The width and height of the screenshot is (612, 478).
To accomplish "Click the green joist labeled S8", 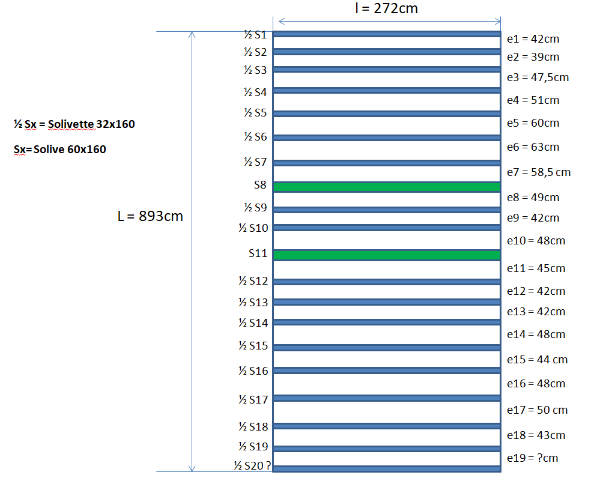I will (386, 187).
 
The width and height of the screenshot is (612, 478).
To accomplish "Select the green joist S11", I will (386, 255).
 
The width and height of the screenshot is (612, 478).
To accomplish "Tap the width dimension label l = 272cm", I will (386, 8).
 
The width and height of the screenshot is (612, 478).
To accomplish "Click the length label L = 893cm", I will (150, 216).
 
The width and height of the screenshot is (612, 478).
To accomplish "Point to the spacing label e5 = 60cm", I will (533, 123).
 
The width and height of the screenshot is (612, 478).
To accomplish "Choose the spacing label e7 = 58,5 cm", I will (538, 172).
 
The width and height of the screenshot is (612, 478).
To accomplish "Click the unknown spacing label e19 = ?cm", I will (532, 458).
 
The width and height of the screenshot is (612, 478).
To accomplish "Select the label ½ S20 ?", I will (252, 465).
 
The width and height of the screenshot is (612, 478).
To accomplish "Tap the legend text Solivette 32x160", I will (74, 124).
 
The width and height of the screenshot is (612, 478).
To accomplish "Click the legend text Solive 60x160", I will (60, 150).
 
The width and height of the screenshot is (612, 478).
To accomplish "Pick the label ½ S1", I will (255, 35).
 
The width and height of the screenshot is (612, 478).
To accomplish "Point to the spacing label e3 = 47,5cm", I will (538, 77).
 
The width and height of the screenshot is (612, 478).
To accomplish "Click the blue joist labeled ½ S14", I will (386, 322).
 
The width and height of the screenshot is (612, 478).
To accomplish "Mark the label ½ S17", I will (252, 399).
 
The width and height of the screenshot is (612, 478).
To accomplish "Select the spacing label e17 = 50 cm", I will (537, 410).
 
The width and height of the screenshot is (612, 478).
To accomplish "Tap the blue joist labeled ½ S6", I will (386, 138).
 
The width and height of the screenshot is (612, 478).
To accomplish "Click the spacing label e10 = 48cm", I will (536, 241).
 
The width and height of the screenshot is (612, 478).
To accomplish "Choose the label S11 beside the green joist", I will (258, 253).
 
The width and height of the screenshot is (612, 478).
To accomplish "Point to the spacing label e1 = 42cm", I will (533, 39).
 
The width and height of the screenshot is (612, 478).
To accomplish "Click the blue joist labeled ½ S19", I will (386, 449).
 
